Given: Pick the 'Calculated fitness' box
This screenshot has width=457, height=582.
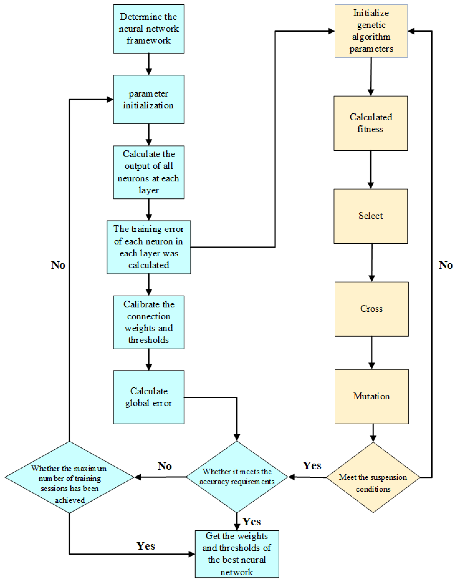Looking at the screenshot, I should tap(371, 123).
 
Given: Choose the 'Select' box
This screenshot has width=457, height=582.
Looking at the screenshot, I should tap(371, 216).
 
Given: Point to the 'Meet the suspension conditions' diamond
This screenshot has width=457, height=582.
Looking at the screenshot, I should tap(373, 477).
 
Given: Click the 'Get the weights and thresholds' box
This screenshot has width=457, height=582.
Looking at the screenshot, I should tap(237, 554).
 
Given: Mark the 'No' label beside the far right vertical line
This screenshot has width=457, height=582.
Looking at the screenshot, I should tap(445, 265).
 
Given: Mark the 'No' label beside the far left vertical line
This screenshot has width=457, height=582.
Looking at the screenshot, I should tap(58, 265).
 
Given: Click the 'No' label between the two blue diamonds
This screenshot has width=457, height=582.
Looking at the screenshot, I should tap(164, 466).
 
